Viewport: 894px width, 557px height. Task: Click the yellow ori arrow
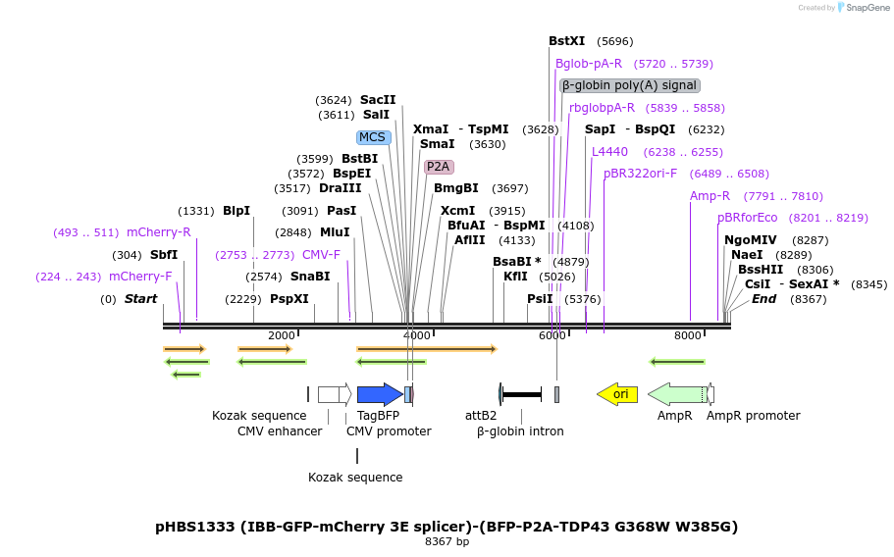617,394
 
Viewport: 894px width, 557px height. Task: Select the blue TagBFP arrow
379,394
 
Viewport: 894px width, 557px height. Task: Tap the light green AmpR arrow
677,394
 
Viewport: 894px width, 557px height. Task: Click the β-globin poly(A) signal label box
630,85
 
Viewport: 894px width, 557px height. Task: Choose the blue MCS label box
373,137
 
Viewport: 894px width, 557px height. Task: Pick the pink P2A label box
439,167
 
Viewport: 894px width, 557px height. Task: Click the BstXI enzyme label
566,41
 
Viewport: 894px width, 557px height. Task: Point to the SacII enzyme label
378,100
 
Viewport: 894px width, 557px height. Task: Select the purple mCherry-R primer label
159,232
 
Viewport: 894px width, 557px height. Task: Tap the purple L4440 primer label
609,152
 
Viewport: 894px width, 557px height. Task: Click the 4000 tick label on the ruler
417,335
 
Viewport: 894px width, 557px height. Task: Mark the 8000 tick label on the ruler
688,335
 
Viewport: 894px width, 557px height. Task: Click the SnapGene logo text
868,8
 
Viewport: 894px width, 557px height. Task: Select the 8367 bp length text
447,541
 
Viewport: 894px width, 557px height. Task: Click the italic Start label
140,299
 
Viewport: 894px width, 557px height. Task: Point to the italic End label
764,299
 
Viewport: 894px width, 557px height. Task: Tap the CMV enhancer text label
280,431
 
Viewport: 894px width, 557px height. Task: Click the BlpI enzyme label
237,211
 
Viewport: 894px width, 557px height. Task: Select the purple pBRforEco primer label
748,218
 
